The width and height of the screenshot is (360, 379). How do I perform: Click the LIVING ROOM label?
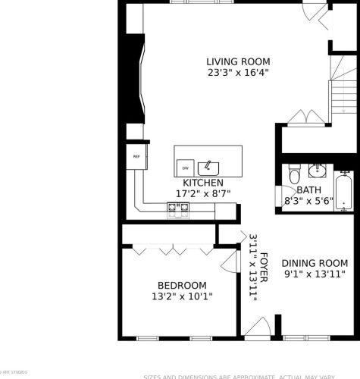[x=238, y=61]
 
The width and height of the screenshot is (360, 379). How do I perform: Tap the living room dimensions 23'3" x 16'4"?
[x=238, y=73]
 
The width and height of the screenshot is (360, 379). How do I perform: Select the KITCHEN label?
[x=202, y=183]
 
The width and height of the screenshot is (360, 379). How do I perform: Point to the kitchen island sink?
[x=207, y=167]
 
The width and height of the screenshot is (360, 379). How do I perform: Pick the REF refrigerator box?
[x=137, y=157]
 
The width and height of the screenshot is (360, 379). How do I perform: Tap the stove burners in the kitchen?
[x=180, y=209]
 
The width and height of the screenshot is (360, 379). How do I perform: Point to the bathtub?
[x=343, y=193]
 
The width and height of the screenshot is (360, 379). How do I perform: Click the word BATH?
[x=308, y=190]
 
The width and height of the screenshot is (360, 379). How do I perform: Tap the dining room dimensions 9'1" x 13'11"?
[x=315, y=274]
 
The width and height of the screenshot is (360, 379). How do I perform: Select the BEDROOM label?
[x=182, y=286]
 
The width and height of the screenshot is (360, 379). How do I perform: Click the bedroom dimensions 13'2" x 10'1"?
[x=182, y=297]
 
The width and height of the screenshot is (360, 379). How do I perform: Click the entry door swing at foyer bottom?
[x=258, y=328]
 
